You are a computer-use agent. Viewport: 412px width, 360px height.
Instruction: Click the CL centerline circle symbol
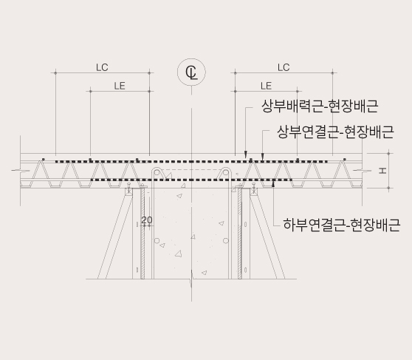tap(191, 72)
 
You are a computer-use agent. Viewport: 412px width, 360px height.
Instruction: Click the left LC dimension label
tap(102, 67)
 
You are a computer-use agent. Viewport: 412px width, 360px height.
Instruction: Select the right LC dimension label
tap(284, 67)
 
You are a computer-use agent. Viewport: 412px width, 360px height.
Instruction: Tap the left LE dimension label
tap(120, 86)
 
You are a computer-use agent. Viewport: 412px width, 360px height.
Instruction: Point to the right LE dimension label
tap(266, 86)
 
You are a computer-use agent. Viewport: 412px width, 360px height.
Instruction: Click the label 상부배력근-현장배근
tap(320, 106)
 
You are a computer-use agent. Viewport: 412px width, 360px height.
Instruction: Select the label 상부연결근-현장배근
tap(335, 132)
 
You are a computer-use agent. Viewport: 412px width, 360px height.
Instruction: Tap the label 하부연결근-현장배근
tap(342, 225)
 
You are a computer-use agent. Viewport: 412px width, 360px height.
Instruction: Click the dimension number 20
tap(147, 220)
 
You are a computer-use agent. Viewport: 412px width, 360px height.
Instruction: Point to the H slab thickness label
tap(382, 171)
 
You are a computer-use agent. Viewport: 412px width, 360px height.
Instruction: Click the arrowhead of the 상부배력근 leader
tap(246, 154)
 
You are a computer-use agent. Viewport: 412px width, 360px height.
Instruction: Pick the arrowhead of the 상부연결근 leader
tap(262, 157)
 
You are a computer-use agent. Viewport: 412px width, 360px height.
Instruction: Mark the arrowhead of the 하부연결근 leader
tap(273, 183)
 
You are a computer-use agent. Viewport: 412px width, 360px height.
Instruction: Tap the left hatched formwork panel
tap(143, 233)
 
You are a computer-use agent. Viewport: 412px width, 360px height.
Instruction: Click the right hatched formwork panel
tap(240, 233)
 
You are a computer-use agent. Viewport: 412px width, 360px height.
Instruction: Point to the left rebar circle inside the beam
tap(157, 240)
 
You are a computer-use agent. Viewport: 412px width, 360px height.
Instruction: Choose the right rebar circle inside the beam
tap(226, 240)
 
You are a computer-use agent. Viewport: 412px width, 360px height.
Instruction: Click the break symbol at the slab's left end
tap(21, 171)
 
